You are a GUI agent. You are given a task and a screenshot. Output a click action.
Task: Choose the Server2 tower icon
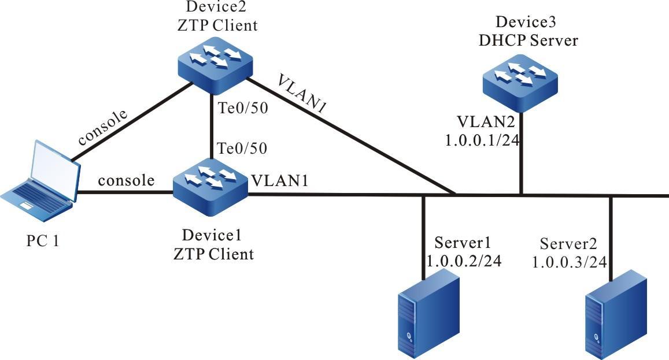coord(616,312)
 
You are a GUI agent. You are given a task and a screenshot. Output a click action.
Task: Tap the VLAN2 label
coord(484,122)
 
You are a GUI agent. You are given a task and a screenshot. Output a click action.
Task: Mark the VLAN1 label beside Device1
coord(279,181)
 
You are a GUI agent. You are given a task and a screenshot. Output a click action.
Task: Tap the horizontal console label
coord(126,180)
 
